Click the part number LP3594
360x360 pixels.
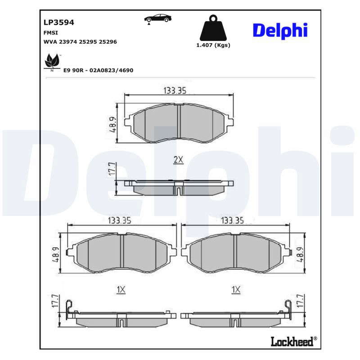59,22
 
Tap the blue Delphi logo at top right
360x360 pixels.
280,31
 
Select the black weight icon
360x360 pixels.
213,28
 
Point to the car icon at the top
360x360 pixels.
158,18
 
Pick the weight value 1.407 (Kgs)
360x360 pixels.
213,45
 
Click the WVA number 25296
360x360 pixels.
108,42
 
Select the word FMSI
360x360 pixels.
51,33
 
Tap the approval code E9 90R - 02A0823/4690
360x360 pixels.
98,70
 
